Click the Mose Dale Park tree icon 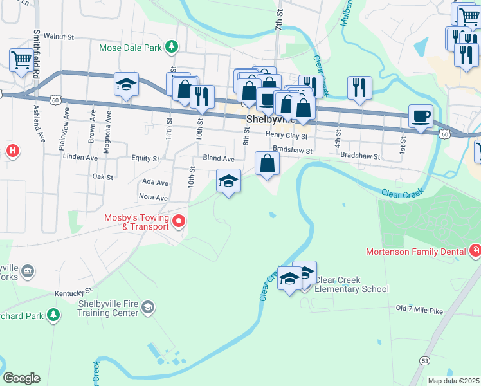click(172, 46)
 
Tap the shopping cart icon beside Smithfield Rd click(21, 61)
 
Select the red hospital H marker click(12, 151)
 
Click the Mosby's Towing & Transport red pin click(178, 223)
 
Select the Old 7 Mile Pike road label click(419, 310)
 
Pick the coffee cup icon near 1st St click(421, 117)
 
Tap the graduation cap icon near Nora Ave click(228, 181)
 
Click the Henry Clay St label click(286, 134)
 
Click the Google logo click(21, 378)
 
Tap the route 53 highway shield click(425, 362)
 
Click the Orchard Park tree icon click(54, 315)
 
